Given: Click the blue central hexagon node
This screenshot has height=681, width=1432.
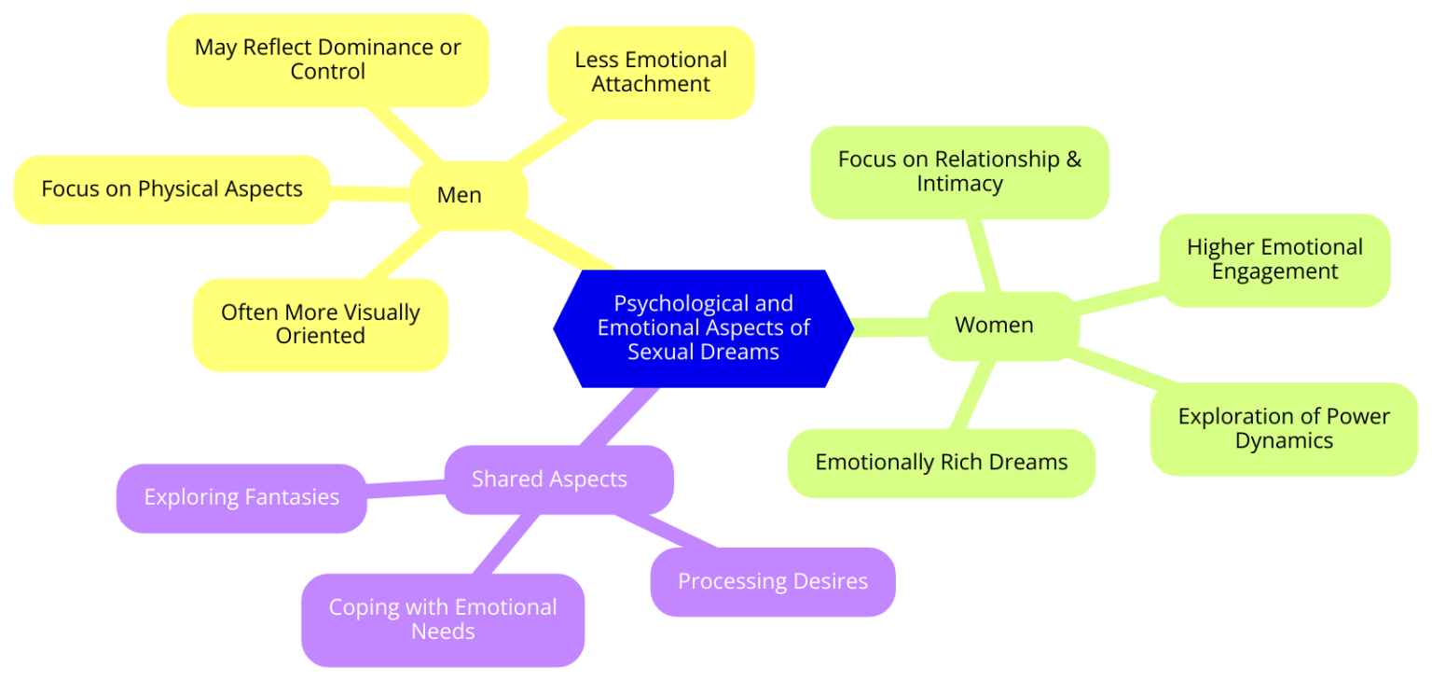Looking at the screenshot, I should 703,327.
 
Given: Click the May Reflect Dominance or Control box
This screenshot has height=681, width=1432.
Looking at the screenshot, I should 327,60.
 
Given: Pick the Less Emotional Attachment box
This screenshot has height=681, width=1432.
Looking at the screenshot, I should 650,72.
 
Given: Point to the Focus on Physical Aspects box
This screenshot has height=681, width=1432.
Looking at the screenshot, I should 172,189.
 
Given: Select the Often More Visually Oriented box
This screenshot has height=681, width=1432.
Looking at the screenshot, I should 320,324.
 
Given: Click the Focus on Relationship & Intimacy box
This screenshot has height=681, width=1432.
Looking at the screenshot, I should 959,172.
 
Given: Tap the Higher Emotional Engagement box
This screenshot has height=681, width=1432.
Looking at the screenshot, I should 1274,259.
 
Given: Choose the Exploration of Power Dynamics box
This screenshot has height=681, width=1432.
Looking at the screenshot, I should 1283,428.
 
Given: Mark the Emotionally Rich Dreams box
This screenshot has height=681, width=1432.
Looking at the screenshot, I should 941,463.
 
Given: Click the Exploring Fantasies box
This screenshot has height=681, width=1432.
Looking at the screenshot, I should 241,497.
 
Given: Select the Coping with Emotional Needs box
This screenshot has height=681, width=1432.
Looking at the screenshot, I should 442,619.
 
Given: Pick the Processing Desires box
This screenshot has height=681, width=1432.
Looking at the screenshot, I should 772,582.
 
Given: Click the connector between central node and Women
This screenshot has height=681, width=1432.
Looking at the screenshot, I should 890,327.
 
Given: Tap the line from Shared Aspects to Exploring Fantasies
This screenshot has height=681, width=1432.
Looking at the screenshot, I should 406,488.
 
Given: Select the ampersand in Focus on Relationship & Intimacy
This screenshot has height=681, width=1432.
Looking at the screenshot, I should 1072,160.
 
